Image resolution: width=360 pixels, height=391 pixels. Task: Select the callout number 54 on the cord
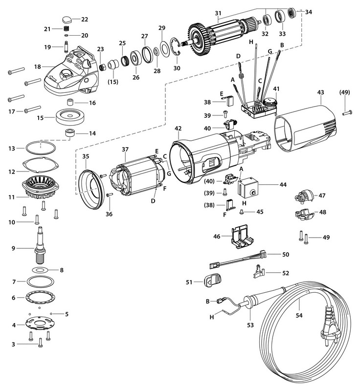click(299, 315)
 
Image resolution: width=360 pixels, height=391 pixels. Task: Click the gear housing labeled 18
click(68, 78)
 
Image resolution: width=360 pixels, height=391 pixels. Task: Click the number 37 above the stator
click(125, 150)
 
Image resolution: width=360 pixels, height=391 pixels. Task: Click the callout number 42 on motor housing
click(178, 129)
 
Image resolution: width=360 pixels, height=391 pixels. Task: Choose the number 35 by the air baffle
click(86, 157)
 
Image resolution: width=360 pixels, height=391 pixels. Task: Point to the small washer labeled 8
click(41, 270)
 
